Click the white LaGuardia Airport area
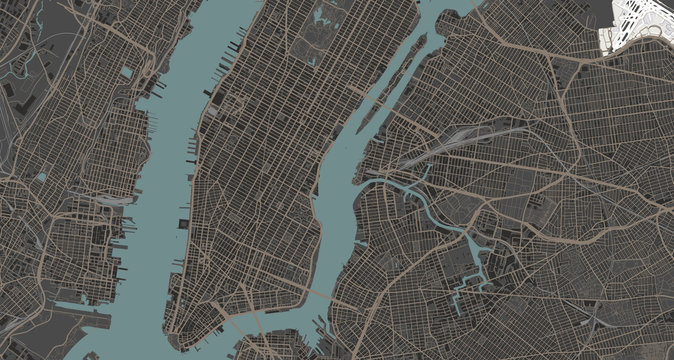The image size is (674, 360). point(636,25)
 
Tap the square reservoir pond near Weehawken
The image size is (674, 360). point(129,73)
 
